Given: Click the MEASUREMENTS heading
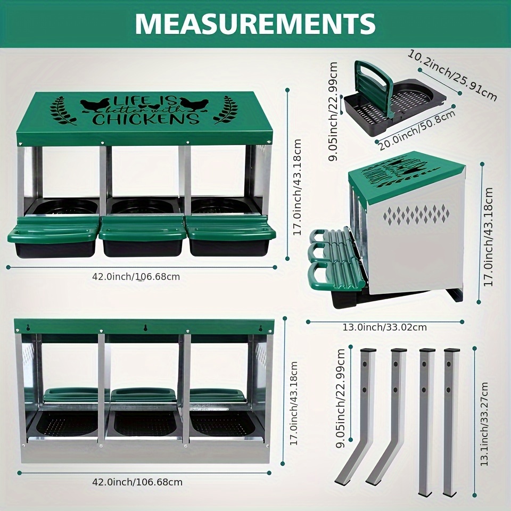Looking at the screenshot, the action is pyautogui.click(x=255, y=23).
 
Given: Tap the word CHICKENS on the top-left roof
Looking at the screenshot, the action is pyautogui.click(x=146, y=119).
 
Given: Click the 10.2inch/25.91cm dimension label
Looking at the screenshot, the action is pyautogui.click(x=452, y=76).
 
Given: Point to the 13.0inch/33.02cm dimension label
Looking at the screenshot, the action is pyautogui.click(x=384, y=327).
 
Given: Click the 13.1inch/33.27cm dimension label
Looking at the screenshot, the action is pyautogui.click(x=484, y=424).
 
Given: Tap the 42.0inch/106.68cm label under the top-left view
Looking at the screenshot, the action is pyautogui.click(x=136, y=277).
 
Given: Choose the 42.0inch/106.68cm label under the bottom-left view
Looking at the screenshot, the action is pyautogui.click(x=137, y=482).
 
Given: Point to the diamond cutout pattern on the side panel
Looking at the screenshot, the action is pyautogui.click(x=416, y=215).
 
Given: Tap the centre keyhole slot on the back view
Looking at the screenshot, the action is pyautogui.click(x=144, y=327).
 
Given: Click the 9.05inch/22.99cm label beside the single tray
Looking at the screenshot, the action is pyautogui.click(x=333, y=111).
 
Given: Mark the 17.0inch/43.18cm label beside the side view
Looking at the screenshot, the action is pyautogui.click(x=488, y=237).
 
